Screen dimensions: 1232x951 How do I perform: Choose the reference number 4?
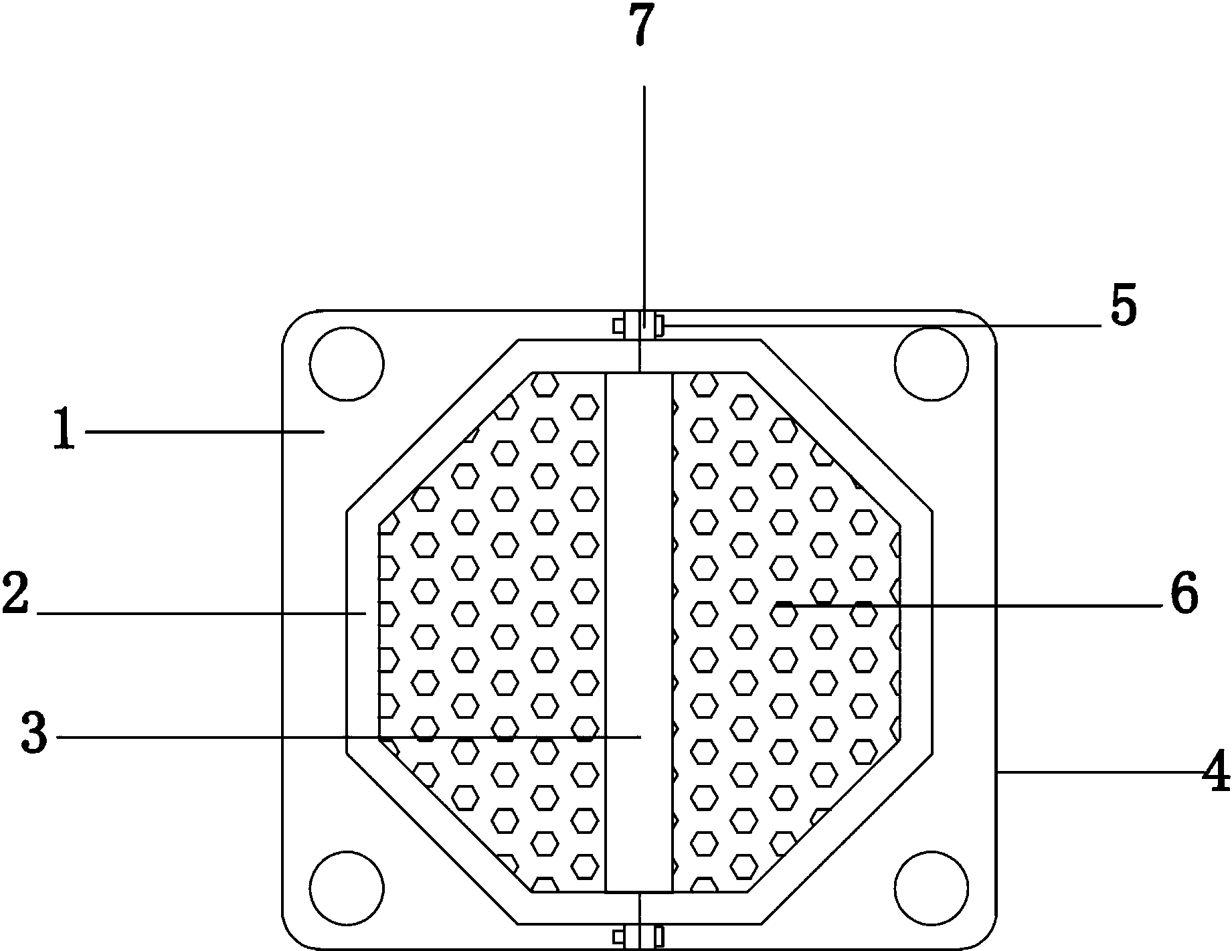pyautogui.click(x=1216, y=771)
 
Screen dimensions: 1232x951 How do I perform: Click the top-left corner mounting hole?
pyautogui.click(x=347, y=363)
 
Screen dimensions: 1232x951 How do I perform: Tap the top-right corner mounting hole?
pyautogui.click(x=932, y=363)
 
